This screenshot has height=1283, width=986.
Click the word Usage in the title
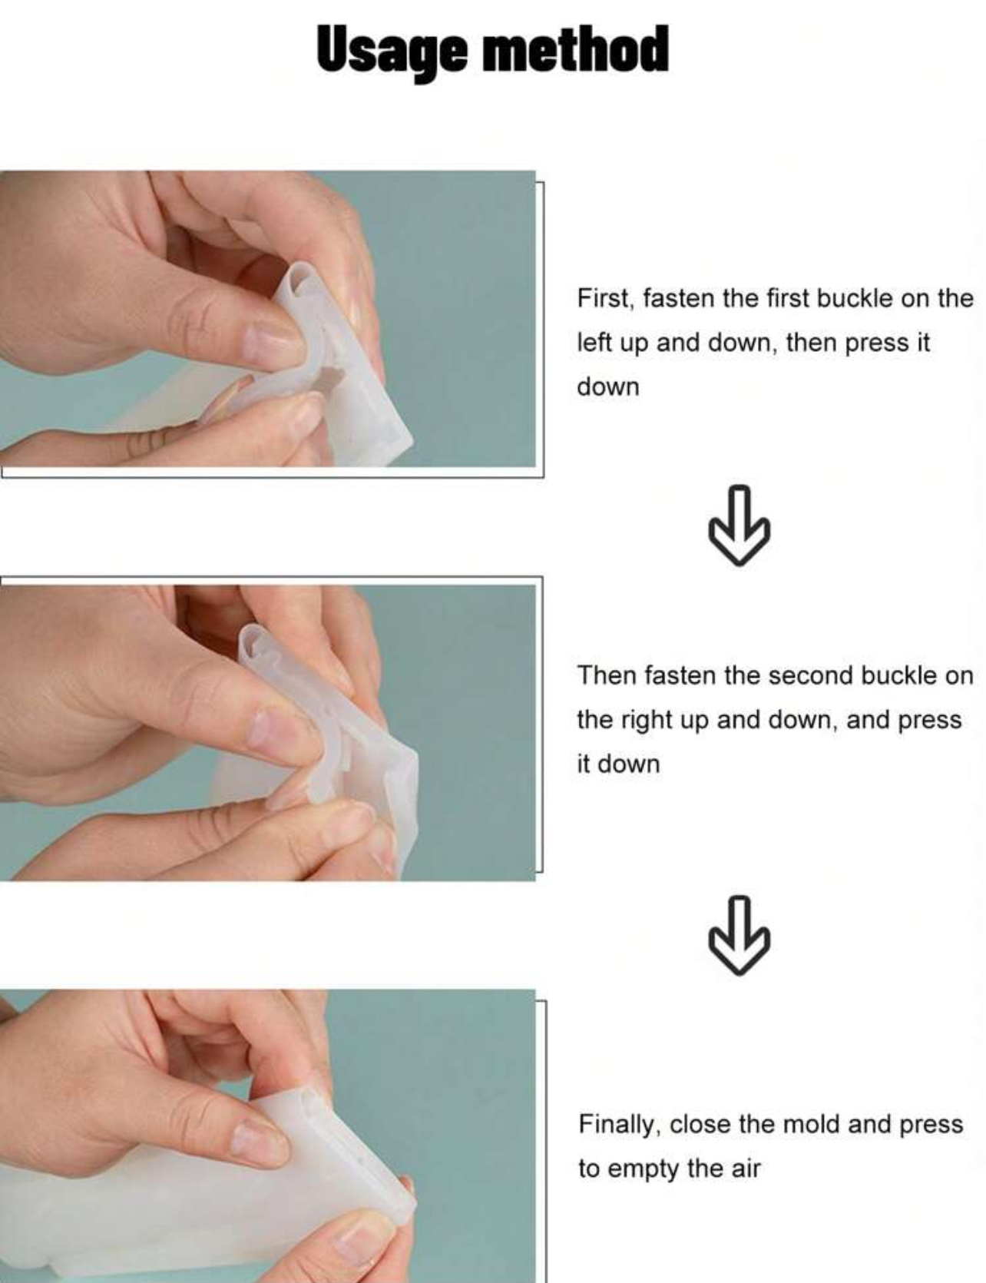391,50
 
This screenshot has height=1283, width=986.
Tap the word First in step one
605,298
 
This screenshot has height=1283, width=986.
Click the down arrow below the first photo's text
739,525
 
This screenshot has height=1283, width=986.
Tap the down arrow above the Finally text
739,935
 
